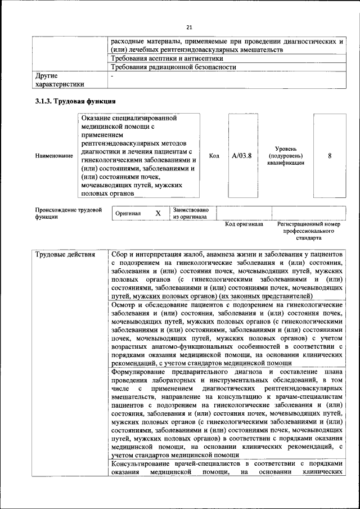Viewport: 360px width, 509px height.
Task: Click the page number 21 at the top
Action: point(189,27)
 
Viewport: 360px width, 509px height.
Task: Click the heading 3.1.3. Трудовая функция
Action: point(75,101)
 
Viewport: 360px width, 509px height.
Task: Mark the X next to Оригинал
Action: point(158,213)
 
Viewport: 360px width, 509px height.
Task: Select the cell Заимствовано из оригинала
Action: point(191,213)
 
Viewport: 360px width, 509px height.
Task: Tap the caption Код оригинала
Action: point(244,224)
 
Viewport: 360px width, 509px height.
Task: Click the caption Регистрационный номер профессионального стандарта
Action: point(309,231)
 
